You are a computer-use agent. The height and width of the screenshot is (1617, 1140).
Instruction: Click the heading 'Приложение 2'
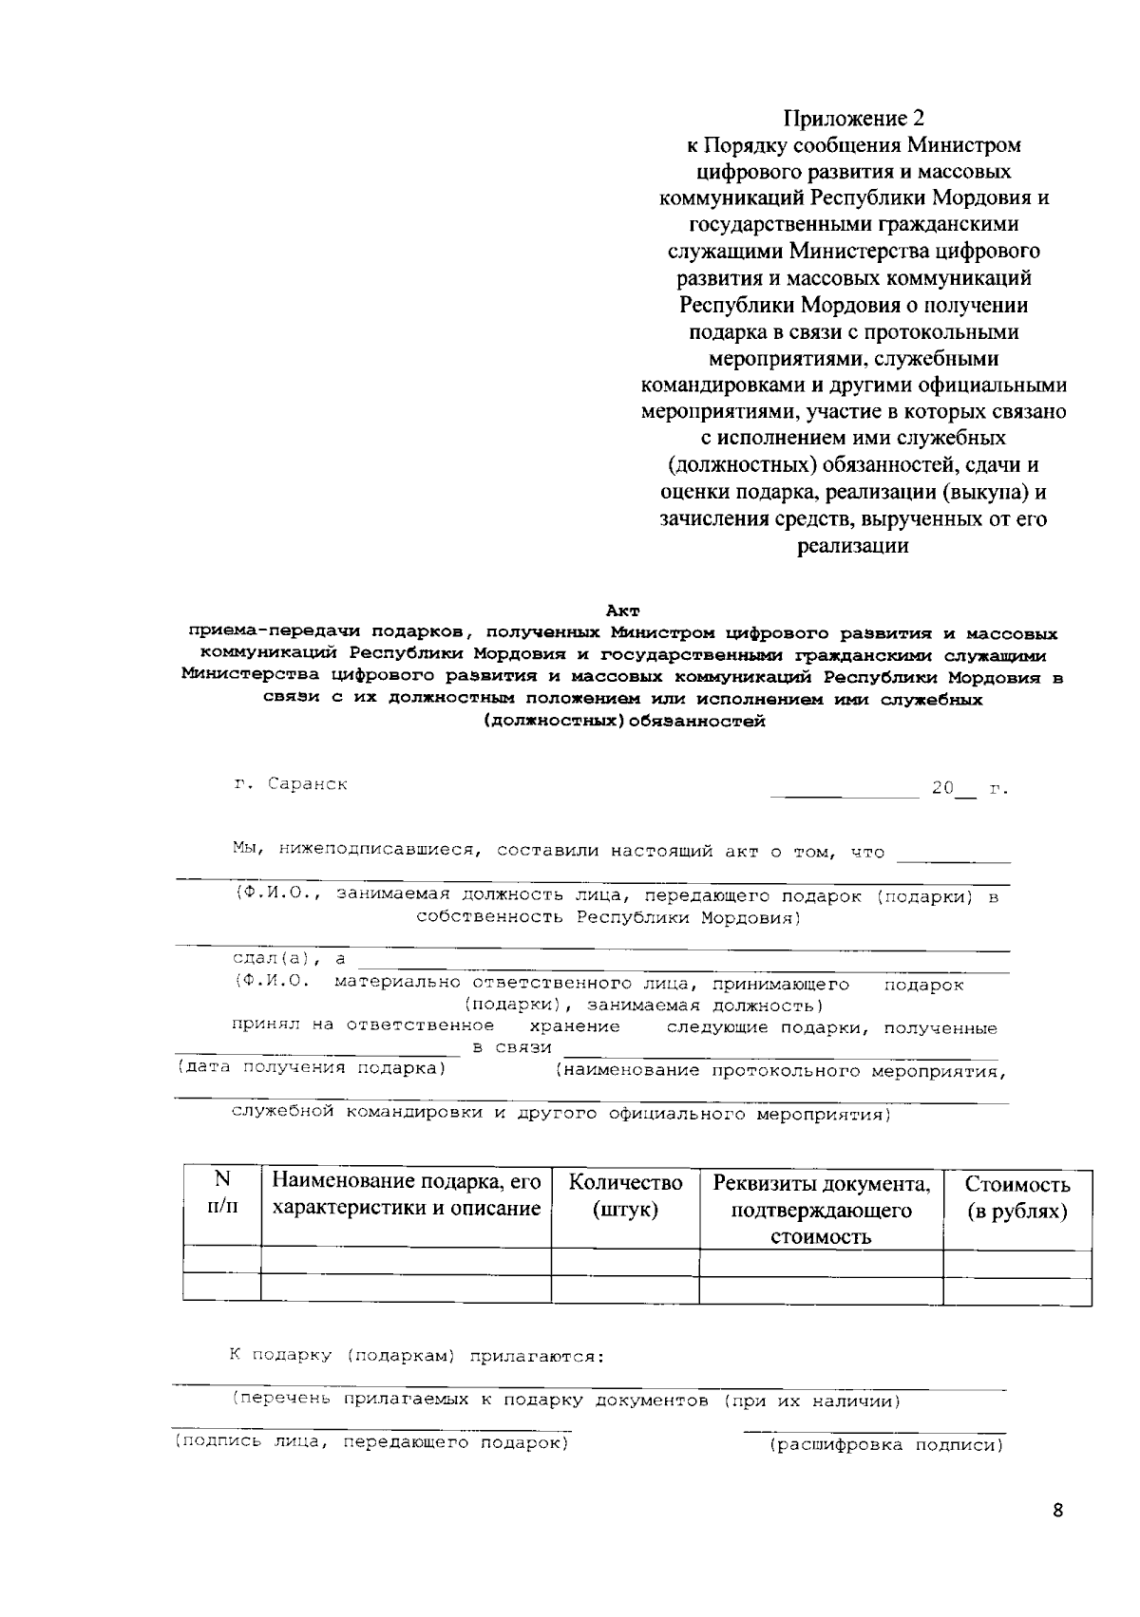pos(853,119)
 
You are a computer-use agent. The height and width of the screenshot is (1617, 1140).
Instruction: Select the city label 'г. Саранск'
pos(292,785)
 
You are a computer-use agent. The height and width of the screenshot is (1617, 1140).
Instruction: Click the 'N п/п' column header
pos(221,1193)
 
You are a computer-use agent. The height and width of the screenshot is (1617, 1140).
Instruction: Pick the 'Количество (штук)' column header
pos(625,1196)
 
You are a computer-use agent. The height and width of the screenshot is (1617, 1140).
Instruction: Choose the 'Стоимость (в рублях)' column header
pos(1016,1197)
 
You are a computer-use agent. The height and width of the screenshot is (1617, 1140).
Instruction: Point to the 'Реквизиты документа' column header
pos(821,1210)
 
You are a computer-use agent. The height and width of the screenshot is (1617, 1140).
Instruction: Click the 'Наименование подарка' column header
pos(406,1194)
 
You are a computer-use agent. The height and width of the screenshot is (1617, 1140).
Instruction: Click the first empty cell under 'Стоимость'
pos(1016,1264)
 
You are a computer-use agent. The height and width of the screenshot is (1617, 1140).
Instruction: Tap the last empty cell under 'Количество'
pos(625,1290)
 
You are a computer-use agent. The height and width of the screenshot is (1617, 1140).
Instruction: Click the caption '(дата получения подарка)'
pos(311,1068)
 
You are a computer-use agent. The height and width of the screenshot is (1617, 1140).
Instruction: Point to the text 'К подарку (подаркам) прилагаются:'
pos(417,1356)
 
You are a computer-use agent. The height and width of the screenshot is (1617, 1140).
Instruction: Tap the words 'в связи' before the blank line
pos(512,1047)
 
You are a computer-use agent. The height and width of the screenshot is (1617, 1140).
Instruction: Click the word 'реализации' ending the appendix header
pos(852,546)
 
